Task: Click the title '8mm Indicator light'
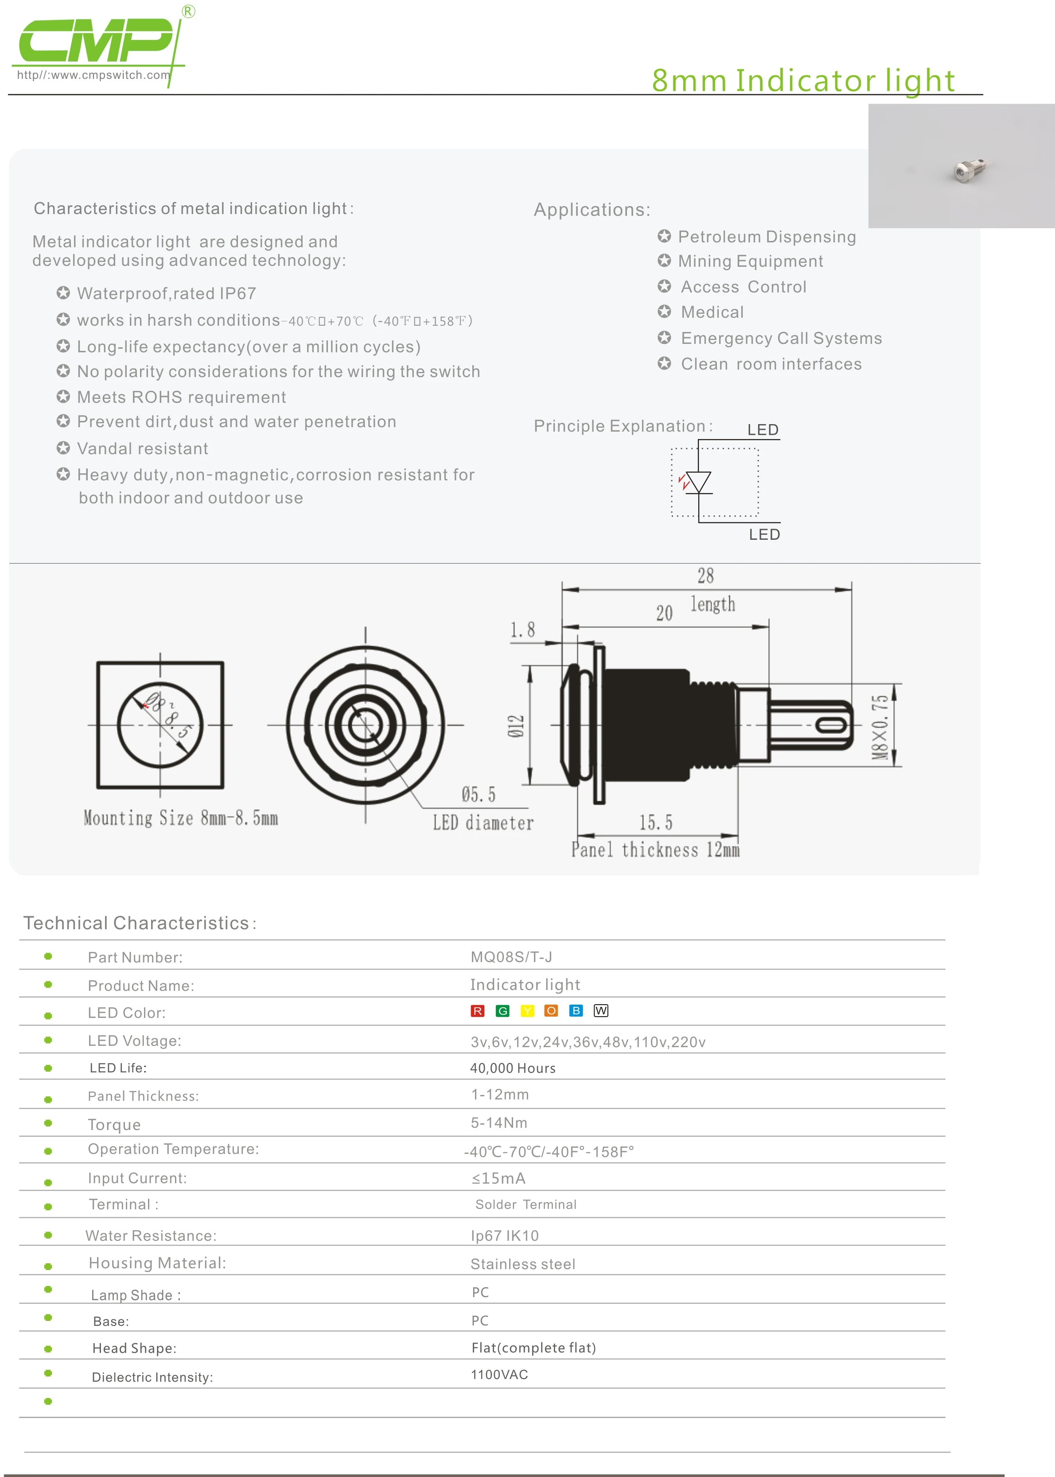point(803,81)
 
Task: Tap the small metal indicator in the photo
point(968,170)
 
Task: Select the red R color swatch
point(478,1011)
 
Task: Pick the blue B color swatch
point(576,1011)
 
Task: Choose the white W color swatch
point(601,1011)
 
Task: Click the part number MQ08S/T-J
point(511,957)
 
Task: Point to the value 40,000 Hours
point(513,1068)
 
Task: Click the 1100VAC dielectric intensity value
point(499,1374)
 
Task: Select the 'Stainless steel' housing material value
point(522,1264)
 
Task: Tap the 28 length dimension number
point(705,576)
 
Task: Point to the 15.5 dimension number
point(655,823)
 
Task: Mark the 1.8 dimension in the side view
point(522,629)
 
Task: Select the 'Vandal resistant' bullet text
point(142,449)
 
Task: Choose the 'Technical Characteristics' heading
point(136,923)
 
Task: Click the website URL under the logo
point(93,75)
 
